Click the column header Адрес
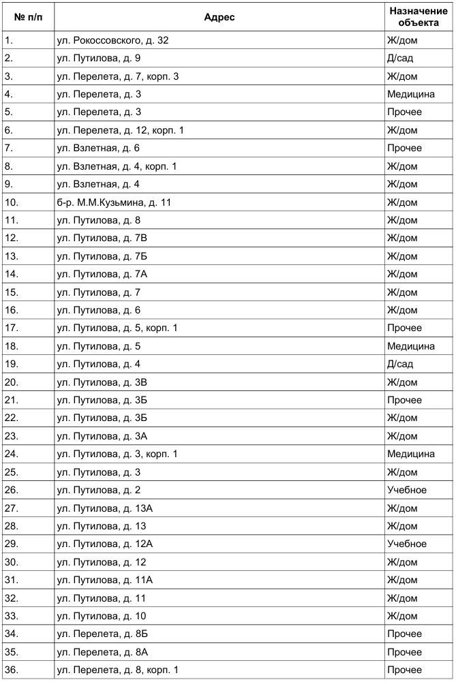[x=219, y=17]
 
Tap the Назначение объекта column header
[x=413, y=17]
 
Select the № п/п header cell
[x=28, y=17]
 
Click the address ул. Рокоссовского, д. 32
[x=112, y=40]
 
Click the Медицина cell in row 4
[x=410, y=94]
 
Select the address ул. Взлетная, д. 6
[x=98, y=148]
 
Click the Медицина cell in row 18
[x=410, y=346]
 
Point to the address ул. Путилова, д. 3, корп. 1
[x=117, y=454]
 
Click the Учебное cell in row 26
[x=406, y=490]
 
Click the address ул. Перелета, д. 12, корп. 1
[x=120, y=130]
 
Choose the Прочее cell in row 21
[x=404, y=400]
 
